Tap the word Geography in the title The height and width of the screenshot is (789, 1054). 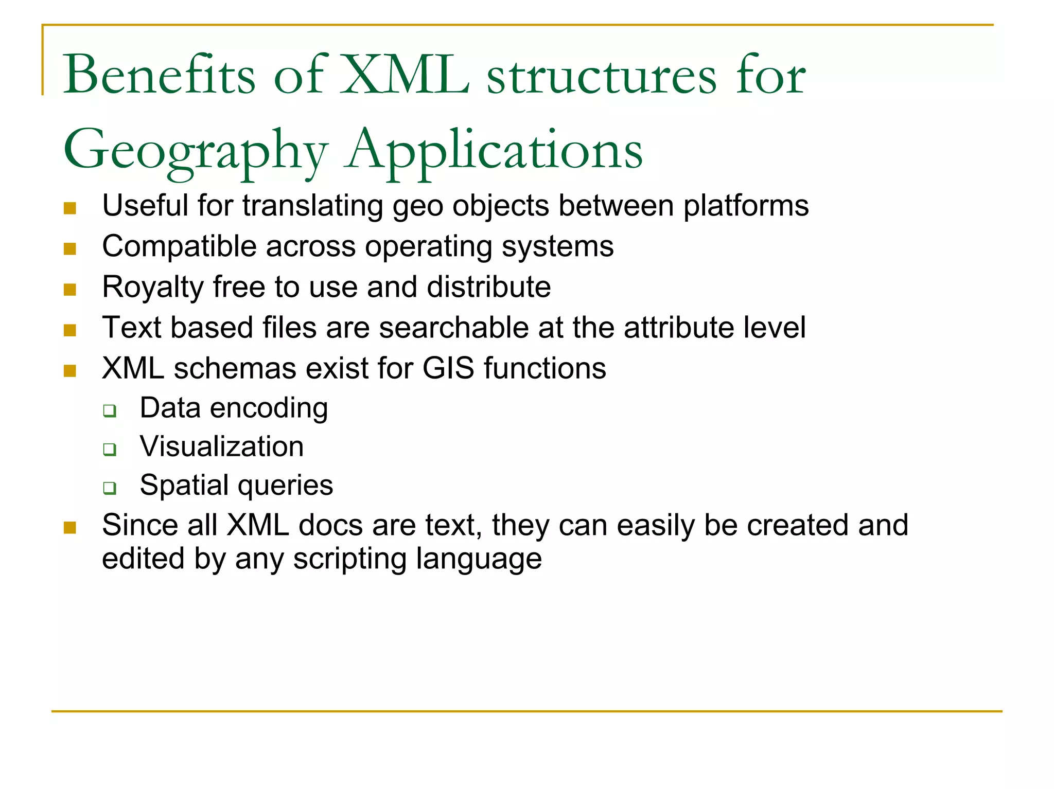(196, 150)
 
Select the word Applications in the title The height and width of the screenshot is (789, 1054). (494, 150)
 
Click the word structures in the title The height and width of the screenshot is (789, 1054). (602, 76)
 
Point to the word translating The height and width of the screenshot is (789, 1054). (312, 206)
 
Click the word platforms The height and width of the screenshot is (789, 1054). (746, 206)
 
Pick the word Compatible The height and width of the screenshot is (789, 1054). (179, 246)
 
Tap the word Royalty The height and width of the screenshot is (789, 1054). (153, 286)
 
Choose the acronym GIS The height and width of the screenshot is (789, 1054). (448, 368)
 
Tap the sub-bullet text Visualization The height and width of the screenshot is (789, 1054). (222, 446)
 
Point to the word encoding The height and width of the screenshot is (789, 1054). (269, 408)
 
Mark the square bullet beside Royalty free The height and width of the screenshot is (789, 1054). (70, 290)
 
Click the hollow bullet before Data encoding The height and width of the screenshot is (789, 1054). (110, 410)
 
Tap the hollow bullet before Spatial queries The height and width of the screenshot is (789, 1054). (110, 488)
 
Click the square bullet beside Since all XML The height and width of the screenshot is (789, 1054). (70, 528)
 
